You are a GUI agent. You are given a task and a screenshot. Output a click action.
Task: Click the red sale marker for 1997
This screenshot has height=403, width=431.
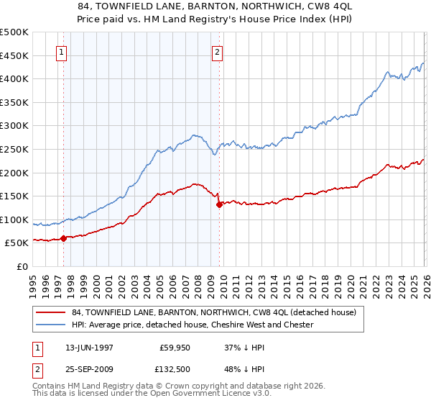63,238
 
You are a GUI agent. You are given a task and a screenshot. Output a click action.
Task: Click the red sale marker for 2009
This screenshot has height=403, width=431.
219,204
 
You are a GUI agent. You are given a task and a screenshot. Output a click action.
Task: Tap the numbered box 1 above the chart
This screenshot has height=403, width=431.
61,52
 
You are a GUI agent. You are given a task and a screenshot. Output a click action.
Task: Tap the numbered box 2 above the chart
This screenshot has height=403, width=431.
217,52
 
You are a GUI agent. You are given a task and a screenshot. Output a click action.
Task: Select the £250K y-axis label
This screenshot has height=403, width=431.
14,149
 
